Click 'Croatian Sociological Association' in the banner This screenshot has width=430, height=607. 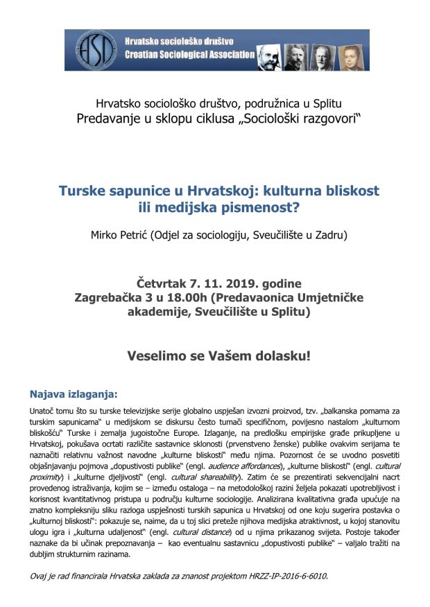(x=189, y=55)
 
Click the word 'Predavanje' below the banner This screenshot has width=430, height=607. (x=108, y=118)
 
